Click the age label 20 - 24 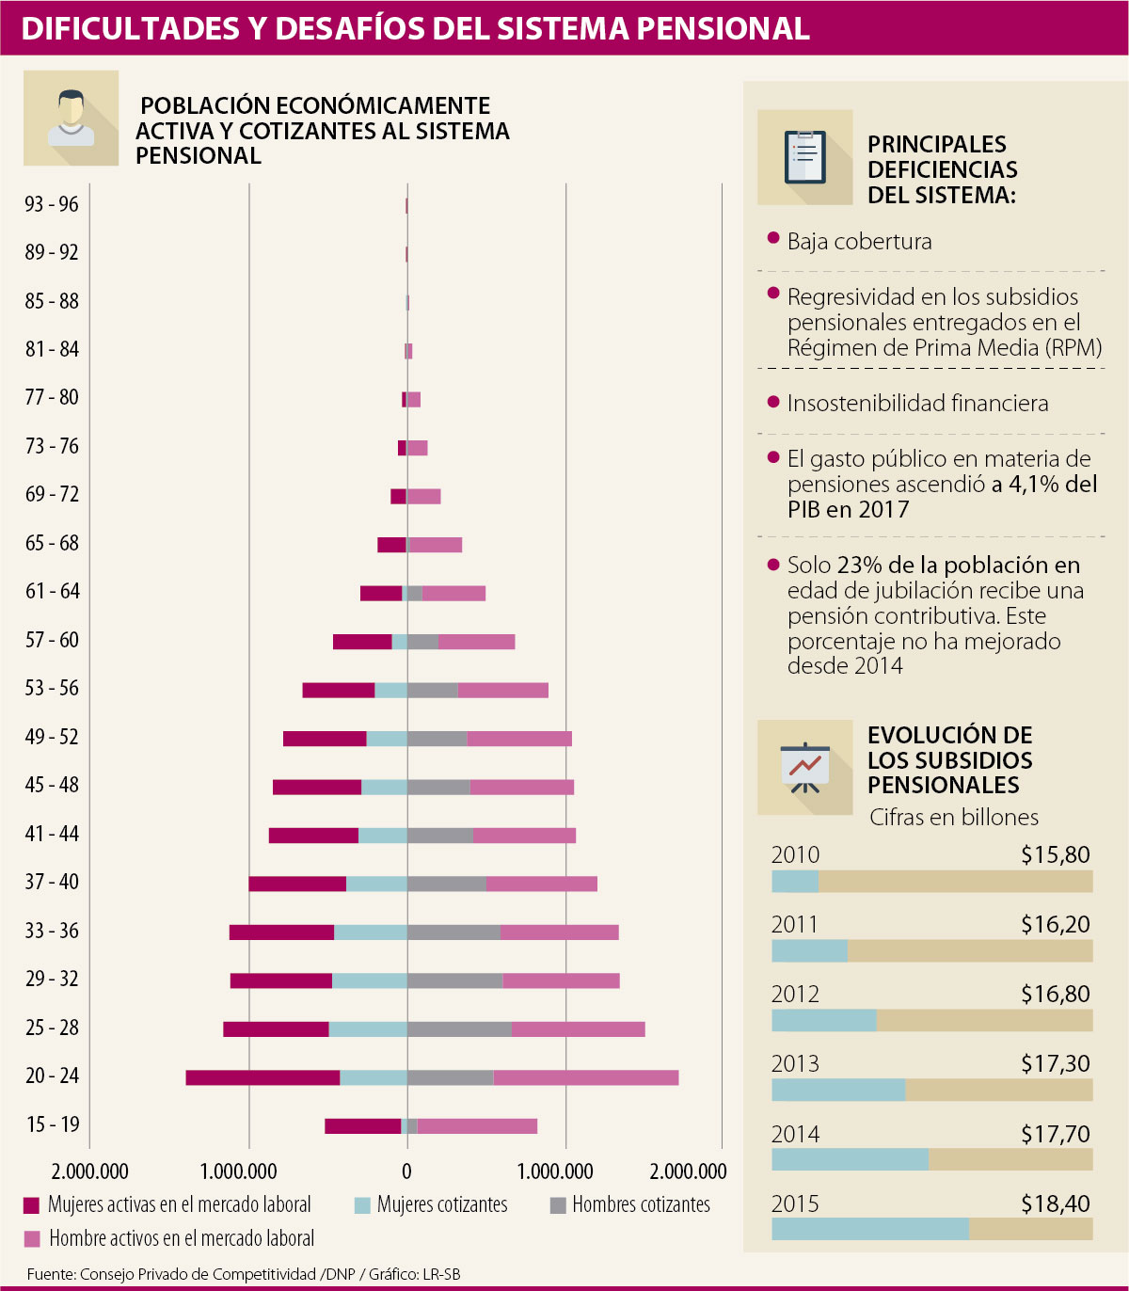[x=52, y=1076]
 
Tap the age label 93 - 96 [x=52, y=204]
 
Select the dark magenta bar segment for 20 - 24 [x=262, y=1077]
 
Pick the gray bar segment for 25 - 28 [x=459, y=1028]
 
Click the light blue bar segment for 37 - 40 [x=376, y=884]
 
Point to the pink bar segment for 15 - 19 [x=477, y=1126]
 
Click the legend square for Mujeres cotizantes [x=362, y=1205]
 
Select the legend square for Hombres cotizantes [x=558, y=1205]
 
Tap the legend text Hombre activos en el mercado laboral [x=182, y=1238]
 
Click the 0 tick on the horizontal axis [x=406, y=1171]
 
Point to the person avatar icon [x=72, y=119]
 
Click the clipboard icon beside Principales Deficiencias [x=805, y=157]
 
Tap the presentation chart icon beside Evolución [x=805, y=768]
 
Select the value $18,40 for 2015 [x=1056, y=1203]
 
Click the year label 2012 [x=795, y=995]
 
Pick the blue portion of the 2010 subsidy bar [x=795, y=882]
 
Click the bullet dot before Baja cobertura [x=773, y=239]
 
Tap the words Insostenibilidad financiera [x=917, y=404]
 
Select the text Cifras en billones [x=954, y=817]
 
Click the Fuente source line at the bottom [x=244, y=1274]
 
